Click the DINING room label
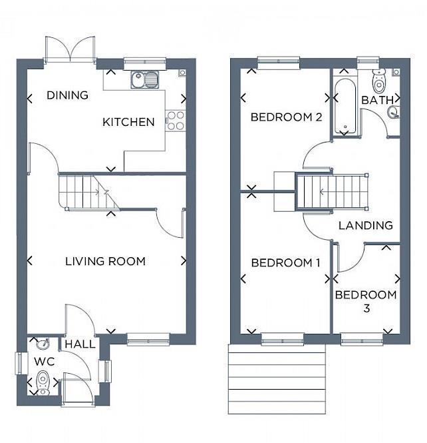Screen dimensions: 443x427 [x=67, y=95]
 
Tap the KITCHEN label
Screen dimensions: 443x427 [x=128, y=122]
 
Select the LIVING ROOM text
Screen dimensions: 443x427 [x=105, y=261]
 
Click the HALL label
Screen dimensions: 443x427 [x=80, y=344]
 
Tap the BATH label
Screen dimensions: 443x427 [x=374, y=100]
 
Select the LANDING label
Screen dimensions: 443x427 [x=365, y=225]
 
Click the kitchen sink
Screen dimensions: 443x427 [x=145, y=80]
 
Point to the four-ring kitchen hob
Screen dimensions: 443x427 [x=176, y=120]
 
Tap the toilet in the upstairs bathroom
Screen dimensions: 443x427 [x=380, y=81]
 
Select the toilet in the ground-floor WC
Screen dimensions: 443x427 [x=43, y=383]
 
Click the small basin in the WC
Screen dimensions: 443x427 [x=42, y=344]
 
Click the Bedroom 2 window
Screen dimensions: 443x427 [x=275, y=63]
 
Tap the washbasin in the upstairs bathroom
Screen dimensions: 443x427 [x=392, y=113]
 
